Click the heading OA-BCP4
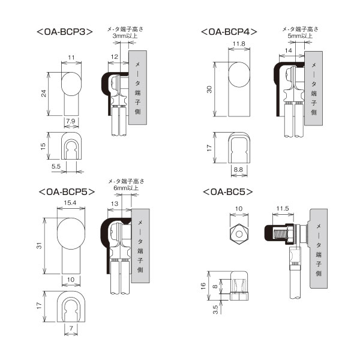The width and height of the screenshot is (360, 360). point(229,31)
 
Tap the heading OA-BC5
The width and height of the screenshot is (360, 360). point(227,192)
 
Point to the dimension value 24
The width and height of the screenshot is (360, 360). point(44,94)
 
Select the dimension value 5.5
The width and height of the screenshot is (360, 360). point(55,165)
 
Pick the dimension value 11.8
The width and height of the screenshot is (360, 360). point(239,44)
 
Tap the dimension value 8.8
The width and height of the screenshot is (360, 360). point(238,170)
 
